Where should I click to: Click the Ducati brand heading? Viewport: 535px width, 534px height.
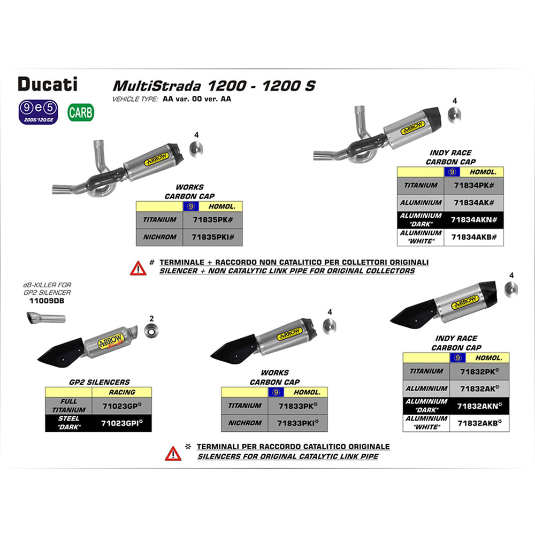pyautogui.click(x=48, y=84)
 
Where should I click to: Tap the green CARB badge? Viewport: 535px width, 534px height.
pyautogui.click(x=81, y=112)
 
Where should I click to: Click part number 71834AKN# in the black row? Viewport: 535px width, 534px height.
pyautogui.click(x=474, y=219)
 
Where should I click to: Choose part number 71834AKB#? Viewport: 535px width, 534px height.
pyautogui.click(x=474, y=237)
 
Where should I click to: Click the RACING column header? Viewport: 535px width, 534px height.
pyautogui.click(x=122, y=392)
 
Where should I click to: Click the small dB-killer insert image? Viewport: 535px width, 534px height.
pyautogui.click(x=45, y=319)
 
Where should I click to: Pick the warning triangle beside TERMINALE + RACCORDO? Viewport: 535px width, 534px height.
pyautogui.click(x=137, y=267)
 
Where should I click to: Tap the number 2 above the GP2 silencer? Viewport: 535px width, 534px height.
pyautogui.click(x=151, y=318)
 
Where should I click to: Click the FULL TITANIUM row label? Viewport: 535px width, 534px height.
pyautogui.click(x=69, y=406)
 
